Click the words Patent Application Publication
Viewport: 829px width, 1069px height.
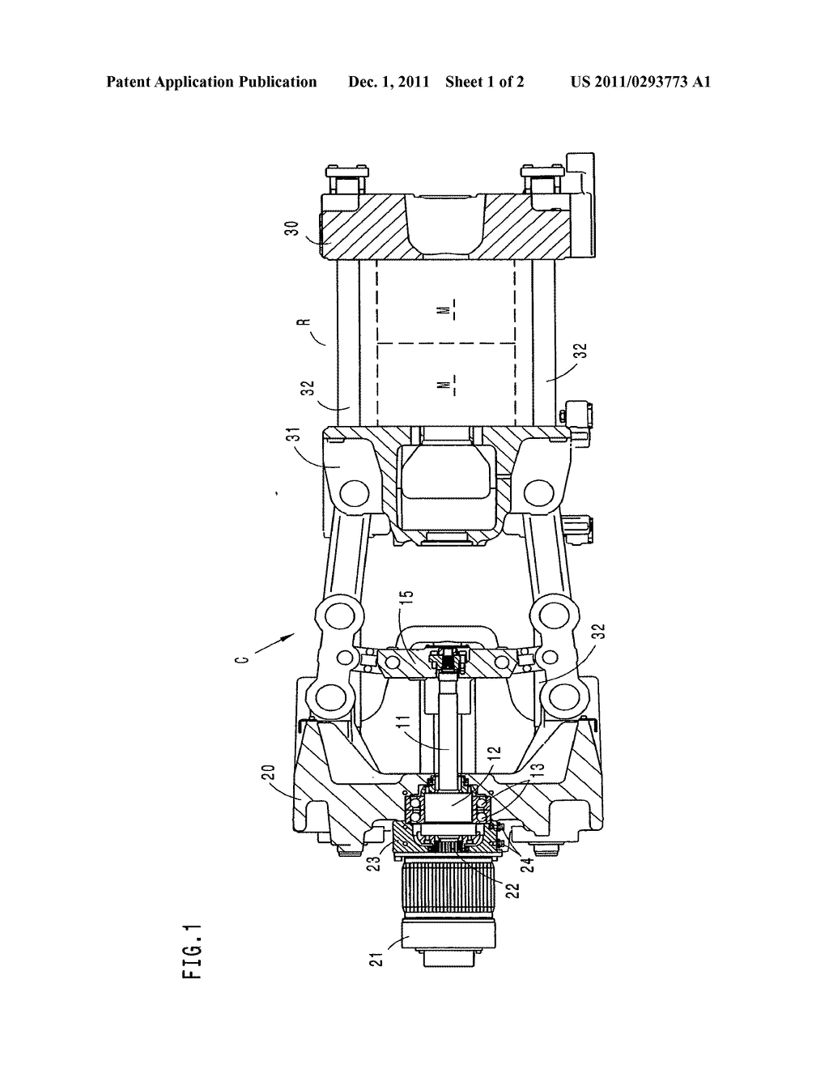point(211,82)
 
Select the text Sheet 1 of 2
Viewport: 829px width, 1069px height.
point(484,82)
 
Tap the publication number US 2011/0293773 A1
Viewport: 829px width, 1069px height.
point(640,82)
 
